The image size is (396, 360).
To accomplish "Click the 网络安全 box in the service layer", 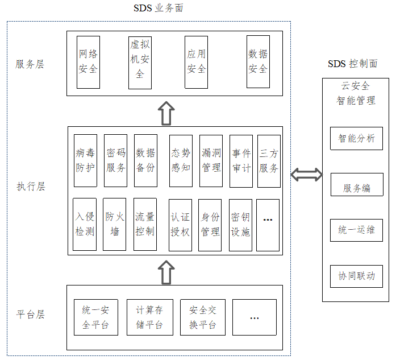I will coord(88,61).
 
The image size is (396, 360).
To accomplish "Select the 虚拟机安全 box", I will coord(140,61).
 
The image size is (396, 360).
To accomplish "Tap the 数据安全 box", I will coord(258,61).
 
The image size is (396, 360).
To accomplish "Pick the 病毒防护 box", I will coord(85,160).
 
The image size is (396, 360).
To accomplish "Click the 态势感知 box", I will coord(181,160).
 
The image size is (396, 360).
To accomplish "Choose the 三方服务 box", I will coord(269,160).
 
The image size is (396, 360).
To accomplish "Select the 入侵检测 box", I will coord(85,225).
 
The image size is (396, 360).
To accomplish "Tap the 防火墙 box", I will coord(115,225).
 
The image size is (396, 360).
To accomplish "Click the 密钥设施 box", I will coord(240,225).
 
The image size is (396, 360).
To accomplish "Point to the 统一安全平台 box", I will coord(95,317).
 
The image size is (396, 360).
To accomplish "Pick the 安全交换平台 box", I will coord(202,317).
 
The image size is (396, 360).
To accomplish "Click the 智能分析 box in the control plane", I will coord(356,138).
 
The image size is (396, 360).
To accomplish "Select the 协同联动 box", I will coord(356,276).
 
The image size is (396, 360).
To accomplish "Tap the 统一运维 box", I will coord(356,230).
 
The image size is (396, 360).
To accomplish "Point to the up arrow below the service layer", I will coord(166,113).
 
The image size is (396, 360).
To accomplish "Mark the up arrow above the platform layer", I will coord(166,272).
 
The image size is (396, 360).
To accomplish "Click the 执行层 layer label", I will coord(30,186).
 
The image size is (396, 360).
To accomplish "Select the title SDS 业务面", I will coord(159,8).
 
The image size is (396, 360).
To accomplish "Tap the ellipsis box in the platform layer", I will coord(255,317).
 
